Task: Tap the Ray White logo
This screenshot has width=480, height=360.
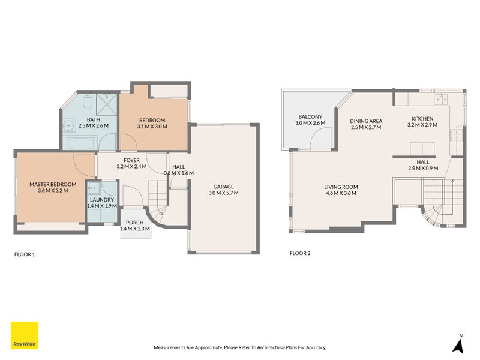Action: (x=25, y=335)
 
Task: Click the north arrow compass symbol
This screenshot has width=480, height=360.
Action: (x=459, y=344)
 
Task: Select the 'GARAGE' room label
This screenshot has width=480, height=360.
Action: (x=223, y=187)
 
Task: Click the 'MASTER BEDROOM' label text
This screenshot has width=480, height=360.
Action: (x=53, y=184)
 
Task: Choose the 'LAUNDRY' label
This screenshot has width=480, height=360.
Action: (x=101, y=199)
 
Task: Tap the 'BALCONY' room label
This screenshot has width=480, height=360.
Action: (x=310, y=116)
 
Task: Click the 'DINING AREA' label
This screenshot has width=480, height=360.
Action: (x=366, y=121)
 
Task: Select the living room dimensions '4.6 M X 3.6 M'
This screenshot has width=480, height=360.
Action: (x=341, y=194)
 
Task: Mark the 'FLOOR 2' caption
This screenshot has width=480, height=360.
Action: (x=300, y=253)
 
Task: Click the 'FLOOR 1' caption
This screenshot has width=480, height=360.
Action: (x=25, y=254)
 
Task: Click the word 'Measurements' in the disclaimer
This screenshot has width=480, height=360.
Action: (x=171, y=347)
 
